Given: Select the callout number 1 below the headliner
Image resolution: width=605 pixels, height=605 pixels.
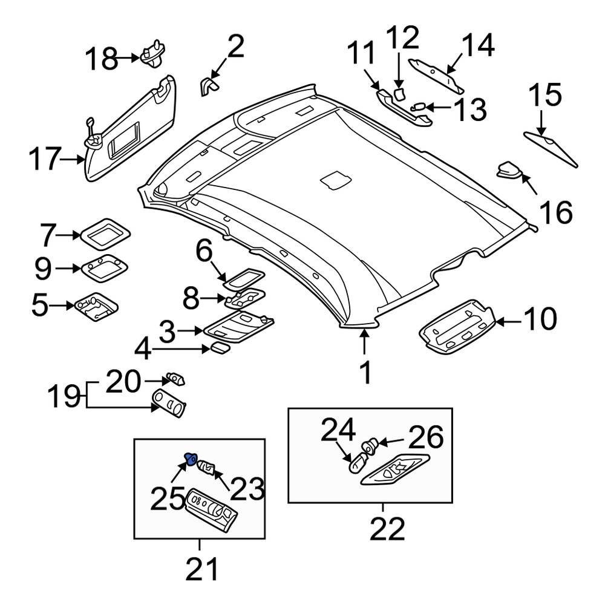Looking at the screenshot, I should [x=365, y=373].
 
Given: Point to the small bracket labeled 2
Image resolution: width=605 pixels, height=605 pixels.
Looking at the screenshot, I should [x=209, y=86].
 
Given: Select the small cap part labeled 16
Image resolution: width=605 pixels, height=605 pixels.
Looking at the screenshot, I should [x=508, y=171].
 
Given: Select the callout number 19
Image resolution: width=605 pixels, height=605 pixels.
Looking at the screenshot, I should [x=64, y=397].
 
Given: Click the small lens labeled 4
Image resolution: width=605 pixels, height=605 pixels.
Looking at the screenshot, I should [x=219, y=347].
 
